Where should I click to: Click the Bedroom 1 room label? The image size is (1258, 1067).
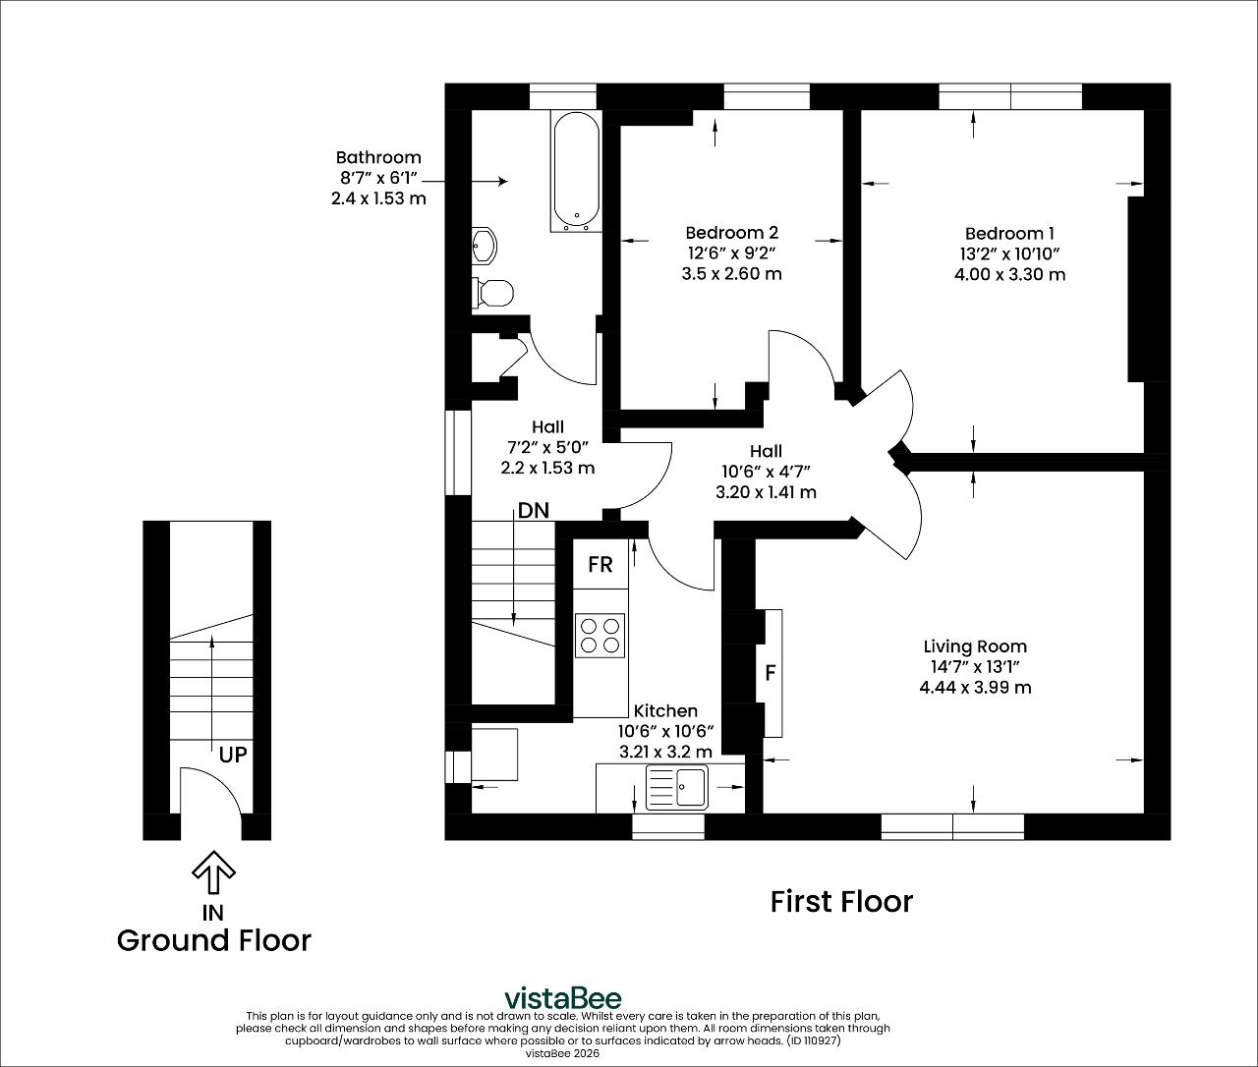coord(1009,234)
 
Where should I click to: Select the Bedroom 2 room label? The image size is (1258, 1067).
coord(731,233)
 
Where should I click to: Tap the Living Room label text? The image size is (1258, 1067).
coord(975,646)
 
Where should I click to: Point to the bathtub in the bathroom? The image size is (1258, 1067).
coord(576,171)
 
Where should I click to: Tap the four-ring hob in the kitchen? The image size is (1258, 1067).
coord(600,636)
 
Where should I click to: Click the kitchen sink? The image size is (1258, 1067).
coord(677,788)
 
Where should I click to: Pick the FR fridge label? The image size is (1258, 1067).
coord(600,565)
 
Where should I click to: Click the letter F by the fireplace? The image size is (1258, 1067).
coord(770,673)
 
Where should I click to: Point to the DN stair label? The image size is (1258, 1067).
coord(533,510)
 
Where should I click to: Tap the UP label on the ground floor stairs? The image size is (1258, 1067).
coord(233,755)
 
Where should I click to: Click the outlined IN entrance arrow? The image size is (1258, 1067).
coord(213,872)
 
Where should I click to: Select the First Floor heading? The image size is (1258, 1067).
coord(841,902)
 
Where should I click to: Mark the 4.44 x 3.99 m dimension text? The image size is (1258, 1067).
coord(975,688)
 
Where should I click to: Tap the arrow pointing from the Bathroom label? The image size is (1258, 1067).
coord(465,182)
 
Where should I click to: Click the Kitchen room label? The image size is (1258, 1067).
coord(665,710)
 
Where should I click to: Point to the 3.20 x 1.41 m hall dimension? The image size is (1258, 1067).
coord(766,492)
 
